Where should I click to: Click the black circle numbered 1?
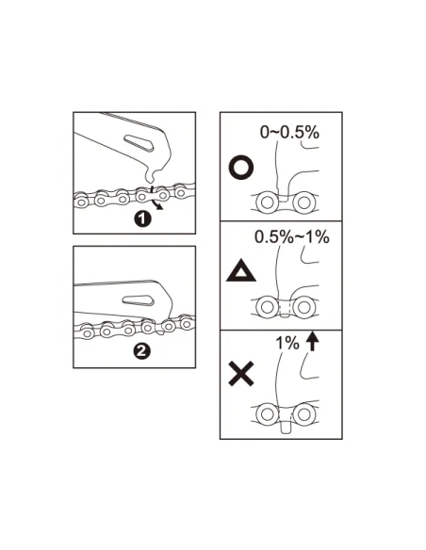tap(142, 218)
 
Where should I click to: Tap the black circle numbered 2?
tap(141, 351)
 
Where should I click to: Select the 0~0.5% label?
tap(290, 132)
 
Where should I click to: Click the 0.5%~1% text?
tap(292, 236)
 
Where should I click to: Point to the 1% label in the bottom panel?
tap(287, 343)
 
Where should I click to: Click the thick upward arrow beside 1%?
tap(312, 342)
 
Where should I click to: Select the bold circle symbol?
tap(241, 168)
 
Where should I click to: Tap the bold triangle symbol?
tap(241, 271)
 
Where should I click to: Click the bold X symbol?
tap(241, 375)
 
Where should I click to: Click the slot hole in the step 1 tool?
tap(139, 142)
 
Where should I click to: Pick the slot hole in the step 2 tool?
tap(138, 300)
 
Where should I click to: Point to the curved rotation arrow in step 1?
tap(156, 202)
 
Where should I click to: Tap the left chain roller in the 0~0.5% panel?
tap(267, 202)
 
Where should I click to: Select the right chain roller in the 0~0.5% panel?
tap(303, 202)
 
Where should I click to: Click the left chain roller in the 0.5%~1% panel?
tap(267, 307)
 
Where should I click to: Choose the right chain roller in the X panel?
tap(303, 414)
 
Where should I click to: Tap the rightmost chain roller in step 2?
tap(187, 324)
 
